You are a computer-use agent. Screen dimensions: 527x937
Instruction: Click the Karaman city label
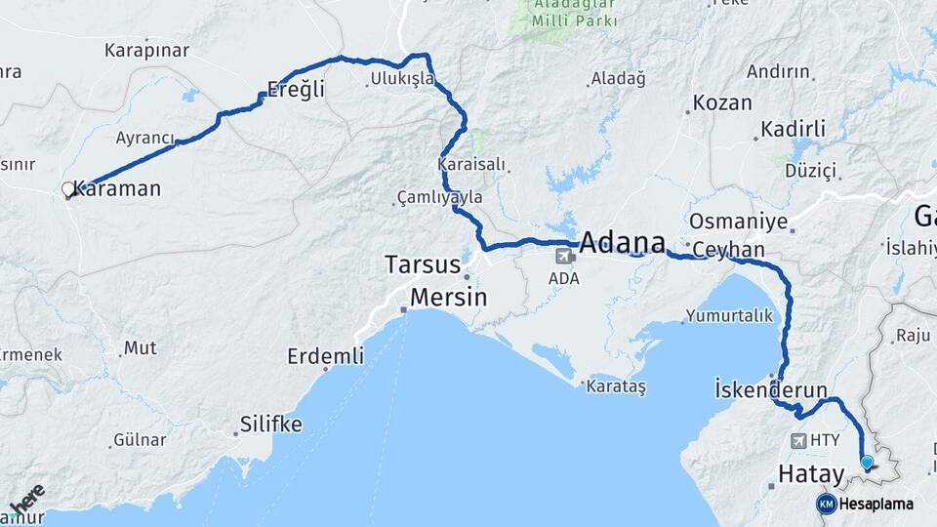coord(117,189)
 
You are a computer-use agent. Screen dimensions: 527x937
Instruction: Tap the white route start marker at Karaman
coord(68,189)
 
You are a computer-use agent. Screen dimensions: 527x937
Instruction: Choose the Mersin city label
coord(448,297)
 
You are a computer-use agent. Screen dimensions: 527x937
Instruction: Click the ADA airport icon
coord(564,257)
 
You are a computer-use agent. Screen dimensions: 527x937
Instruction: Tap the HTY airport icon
coord(801,440)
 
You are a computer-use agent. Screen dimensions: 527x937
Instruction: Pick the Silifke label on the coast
coord(270,425)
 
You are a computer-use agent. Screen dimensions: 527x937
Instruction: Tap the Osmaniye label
coord(738,222)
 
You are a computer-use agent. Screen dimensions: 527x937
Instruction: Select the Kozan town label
coord(722,102)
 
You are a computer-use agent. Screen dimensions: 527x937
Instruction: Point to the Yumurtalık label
coord(728,315)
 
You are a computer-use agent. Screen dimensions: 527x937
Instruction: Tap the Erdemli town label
coord(325,356)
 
